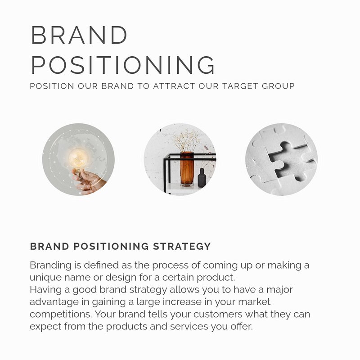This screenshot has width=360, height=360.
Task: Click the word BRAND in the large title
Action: pyautogui.click(x=79, y=35)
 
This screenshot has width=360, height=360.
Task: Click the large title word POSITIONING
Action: pyautogui.click(x=123, y=65)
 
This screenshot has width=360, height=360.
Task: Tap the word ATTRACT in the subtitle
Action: pyautogui.click(x=174, y=86)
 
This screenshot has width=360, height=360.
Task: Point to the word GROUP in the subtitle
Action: pyautogui.click(x=278, y=86)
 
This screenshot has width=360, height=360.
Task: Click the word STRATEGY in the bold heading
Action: pyautogui.click(x=182, y=246)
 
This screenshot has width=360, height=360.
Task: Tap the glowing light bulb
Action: pyautogui.click(x=78, y=158)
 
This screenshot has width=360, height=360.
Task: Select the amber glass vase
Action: pyautogui.click(x=187, y=168)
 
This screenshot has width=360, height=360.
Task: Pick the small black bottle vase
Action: pyautogui.click(x=202, y=178)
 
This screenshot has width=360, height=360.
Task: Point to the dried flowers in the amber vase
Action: pyautogui.click(x=186, y=140)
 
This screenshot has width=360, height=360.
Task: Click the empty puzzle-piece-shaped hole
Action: pyautogui.click(x=290, y=161)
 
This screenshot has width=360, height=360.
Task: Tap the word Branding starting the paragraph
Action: pyautogui.click(x=50, y=265)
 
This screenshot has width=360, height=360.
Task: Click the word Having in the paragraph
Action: pyautogui.click(x=45, y=290)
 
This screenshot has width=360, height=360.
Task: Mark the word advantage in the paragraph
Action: pyautogui.click(x=54, y=302)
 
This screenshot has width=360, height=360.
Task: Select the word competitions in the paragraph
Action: pyautogui.click(x=61, y=314)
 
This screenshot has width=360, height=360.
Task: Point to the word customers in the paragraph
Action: pyautogui.click(x=218, y=314)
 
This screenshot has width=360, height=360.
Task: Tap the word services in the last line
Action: pyautogui.click(x=189, y=327)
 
